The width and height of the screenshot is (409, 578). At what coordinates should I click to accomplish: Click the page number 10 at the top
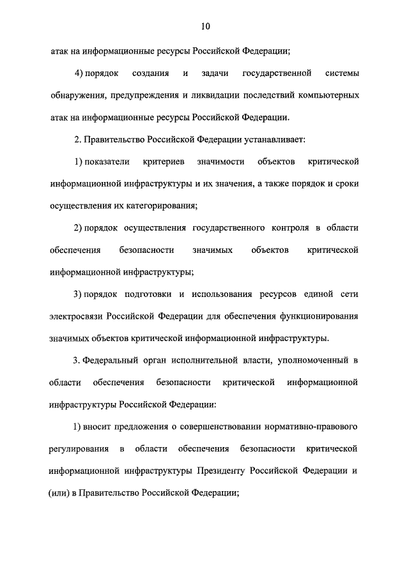(x=204, y=26)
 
